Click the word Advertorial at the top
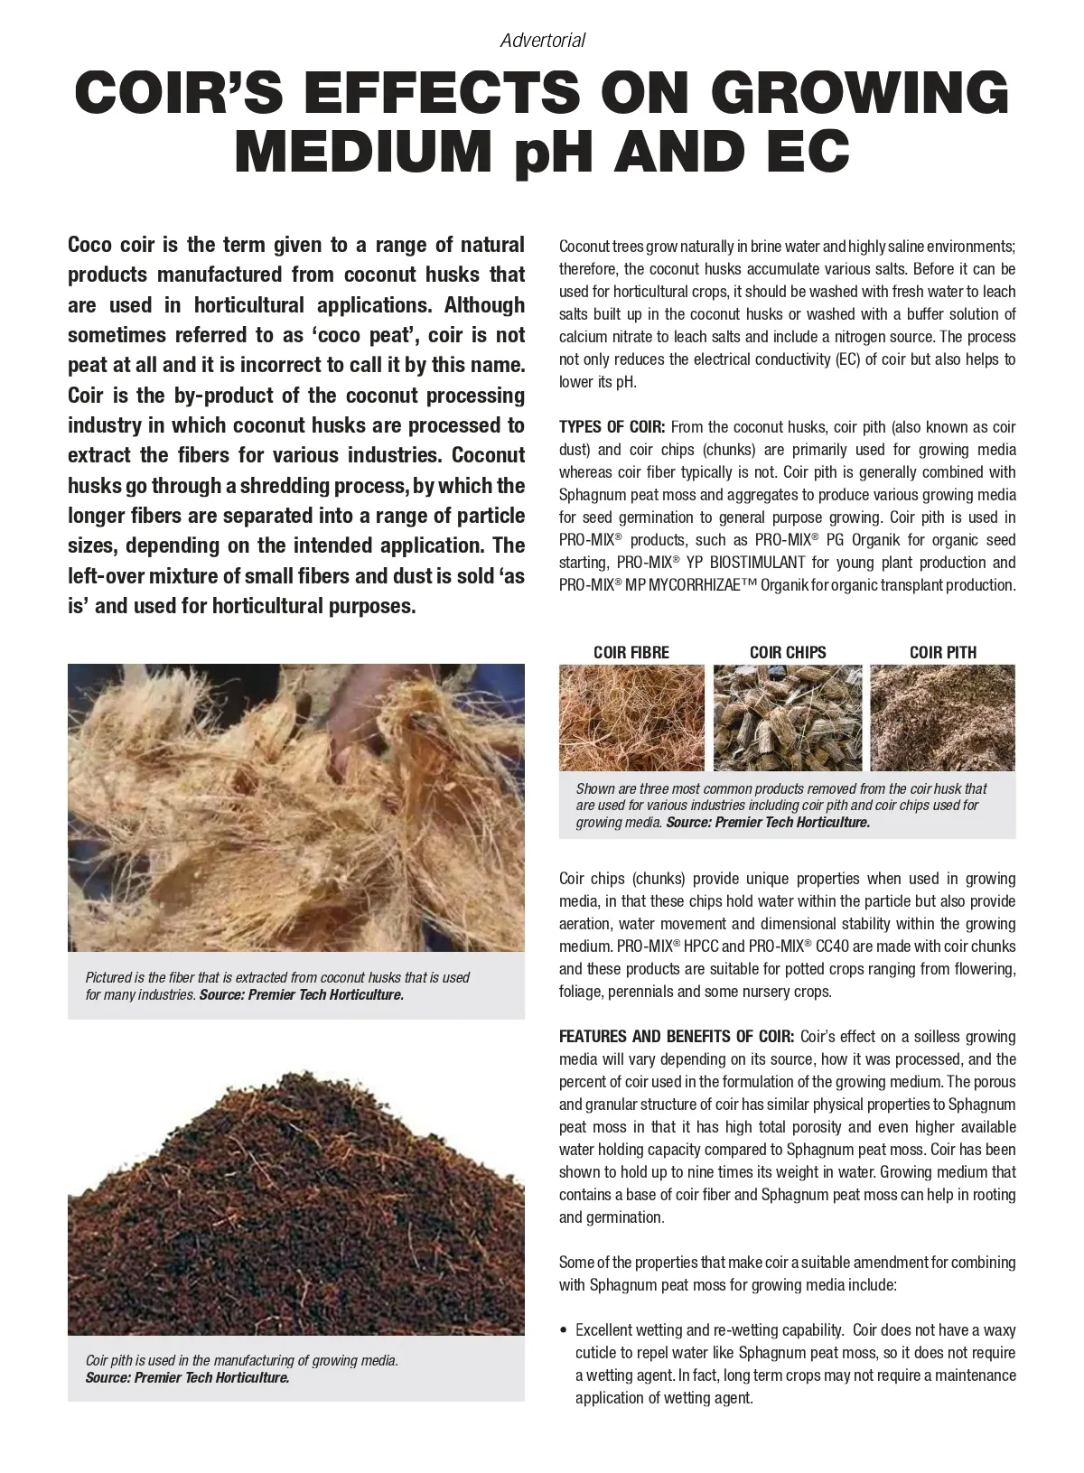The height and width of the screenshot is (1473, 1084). tap(542, 41)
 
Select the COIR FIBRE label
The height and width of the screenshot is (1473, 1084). tap(631, 652)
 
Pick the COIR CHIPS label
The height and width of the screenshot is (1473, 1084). tap(788, 652)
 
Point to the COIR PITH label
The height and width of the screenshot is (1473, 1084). tap(942, 652)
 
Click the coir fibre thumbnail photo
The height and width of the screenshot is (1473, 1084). tap(631, 717)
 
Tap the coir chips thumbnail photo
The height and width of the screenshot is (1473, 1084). tap(787, 717)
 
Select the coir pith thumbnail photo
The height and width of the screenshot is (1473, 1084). tap(942, 717)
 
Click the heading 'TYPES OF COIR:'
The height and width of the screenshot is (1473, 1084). tap(612, 427)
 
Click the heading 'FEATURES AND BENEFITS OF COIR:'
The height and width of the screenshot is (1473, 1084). tap(677, 1037)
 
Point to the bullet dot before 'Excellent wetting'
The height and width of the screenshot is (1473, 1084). tap(565, 1331)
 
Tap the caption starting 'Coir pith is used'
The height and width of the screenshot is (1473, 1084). tap(241, 1360)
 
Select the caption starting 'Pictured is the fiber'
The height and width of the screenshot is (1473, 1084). tap(277, 977)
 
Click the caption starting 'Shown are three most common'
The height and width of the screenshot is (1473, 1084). tap(780, 788)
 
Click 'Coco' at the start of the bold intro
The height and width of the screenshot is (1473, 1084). tap(89, 245)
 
